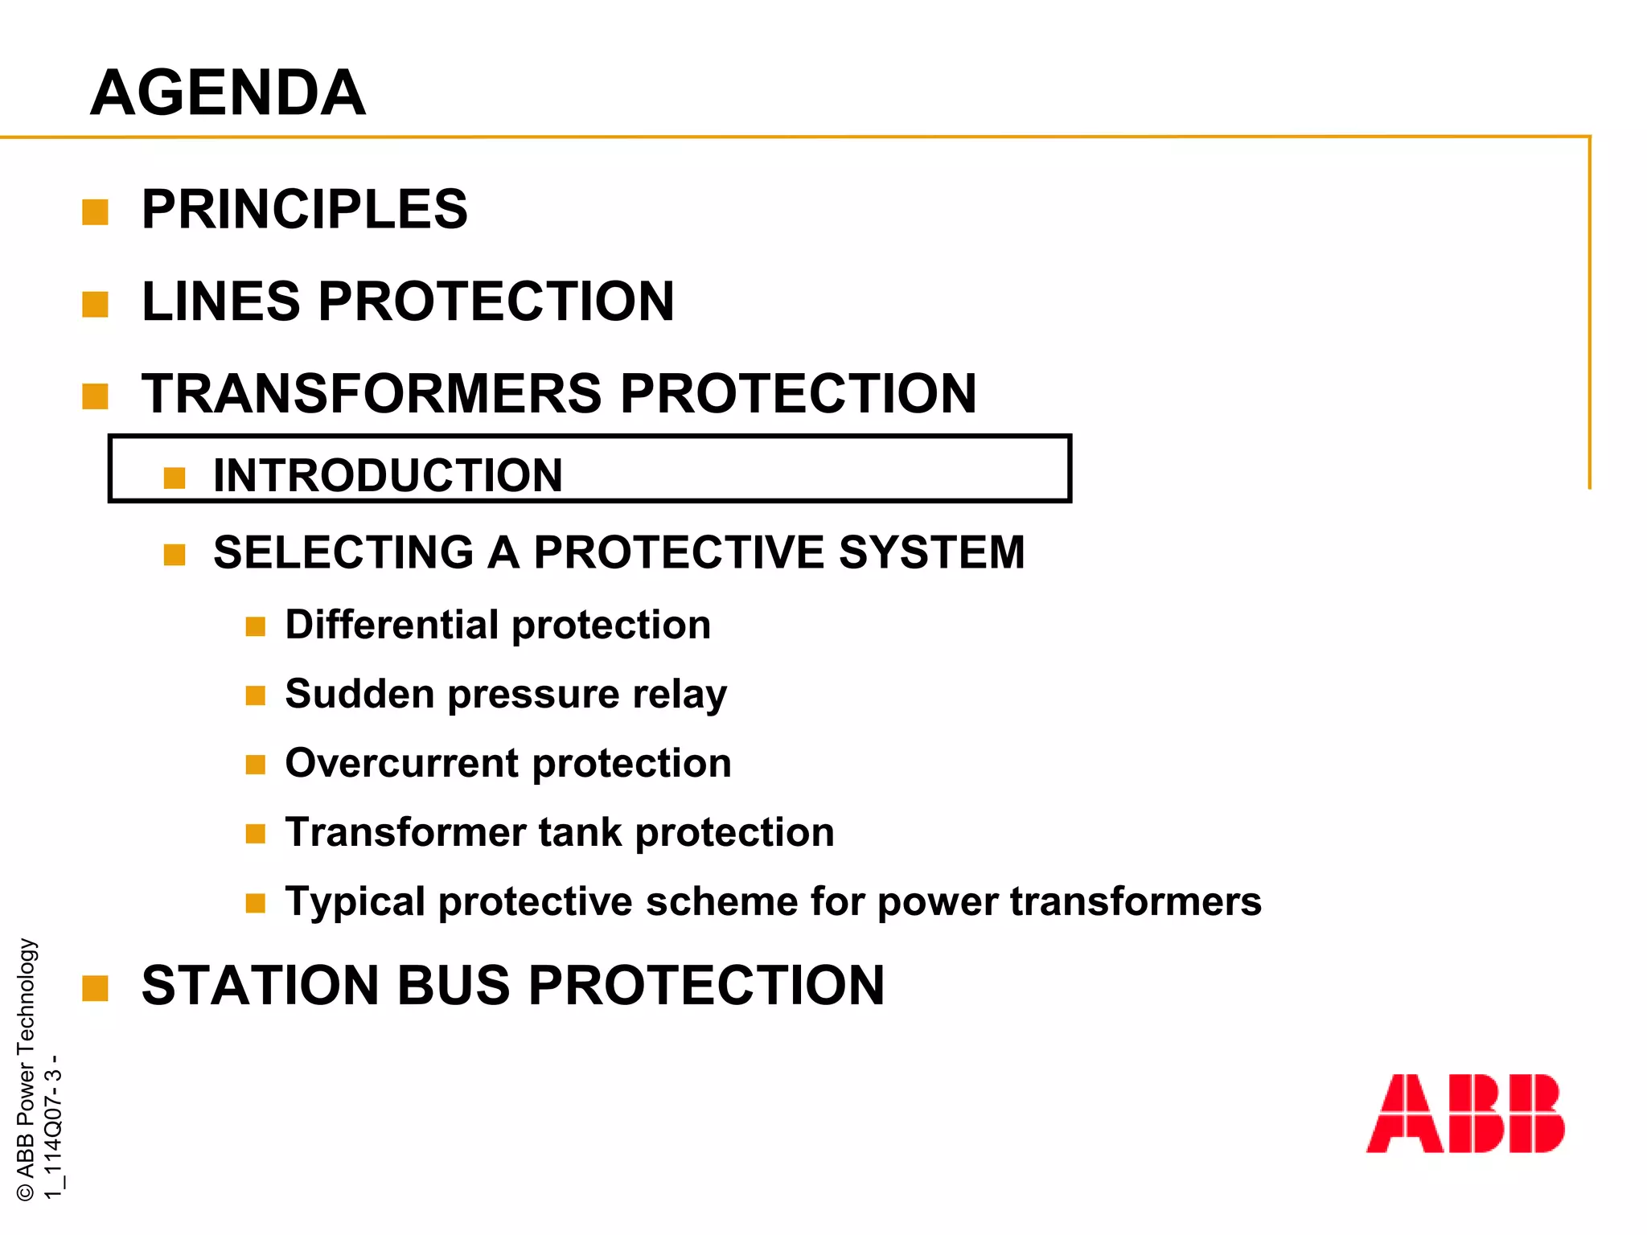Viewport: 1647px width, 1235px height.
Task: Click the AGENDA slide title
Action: coord(228,92)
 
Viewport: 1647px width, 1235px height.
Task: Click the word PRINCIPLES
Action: coord(304,209)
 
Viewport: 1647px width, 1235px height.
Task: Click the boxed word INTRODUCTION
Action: coord(388,475)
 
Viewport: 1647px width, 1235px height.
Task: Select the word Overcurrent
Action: coord(402,763)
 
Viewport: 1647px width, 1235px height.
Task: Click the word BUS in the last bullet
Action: coord(454,985)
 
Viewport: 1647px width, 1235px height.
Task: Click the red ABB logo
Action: coord(1464,1114)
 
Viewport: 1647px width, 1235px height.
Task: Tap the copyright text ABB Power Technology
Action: coord(27,1069)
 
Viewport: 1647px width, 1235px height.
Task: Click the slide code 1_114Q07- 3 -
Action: coord(53,1126)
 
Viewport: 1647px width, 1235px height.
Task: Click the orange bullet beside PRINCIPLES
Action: coord(95,213)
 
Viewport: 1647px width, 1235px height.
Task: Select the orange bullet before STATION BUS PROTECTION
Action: coord(95,989)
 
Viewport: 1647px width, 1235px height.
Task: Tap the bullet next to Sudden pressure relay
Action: coord(255,695)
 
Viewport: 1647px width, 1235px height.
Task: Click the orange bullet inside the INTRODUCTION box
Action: coord(175,478)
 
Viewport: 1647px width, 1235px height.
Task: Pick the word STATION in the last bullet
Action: coord(257,985)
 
